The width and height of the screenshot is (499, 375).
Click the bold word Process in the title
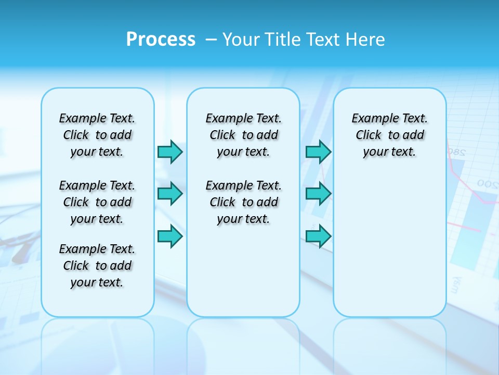coord(161,39)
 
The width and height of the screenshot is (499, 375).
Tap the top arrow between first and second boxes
coord(170,152)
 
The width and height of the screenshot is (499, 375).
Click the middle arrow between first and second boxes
coord(170,194)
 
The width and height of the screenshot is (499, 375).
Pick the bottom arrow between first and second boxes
coord(170,236)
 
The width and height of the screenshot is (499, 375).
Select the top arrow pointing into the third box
coord(318,152)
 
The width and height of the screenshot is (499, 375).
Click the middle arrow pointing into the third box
coord(318,194)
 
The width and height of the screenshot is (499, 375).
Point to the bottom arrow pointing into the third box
coord(318,236)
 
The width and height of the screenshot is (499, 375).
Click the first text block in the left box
coord(97,135)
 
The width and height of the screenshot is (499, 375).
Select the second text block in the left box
coord(97,202)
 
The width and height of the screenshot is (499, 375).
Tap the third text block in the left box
coord(97,266)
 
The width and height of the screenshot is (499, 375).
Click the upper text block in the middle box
coord(243,135)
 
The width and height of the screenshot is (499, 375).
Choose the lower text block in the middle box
coord(243,202)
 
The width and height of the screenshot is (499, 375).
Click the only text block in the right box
coord(390,135)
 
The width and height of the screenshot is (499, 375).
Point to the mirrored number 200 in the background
coord(488,184)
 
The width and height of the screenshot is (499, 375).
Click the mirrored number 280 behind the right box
coord(456,153)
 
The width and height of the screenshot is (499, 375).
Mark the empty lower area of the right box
coord(390,245)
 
